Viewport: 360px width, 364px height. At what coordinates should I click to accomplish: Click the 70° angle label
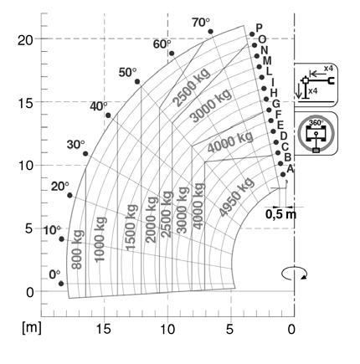click(x=201, y=23)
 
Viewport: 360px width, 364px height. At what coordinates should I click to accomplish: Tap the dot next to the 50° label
click(x=137, y=81)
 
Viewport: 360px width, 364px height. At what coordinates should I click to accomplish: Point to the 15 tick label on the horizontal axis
click(x=104, y=330)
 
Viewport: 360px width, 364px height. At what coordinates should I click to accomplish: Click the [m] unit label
click(x=32, y=327)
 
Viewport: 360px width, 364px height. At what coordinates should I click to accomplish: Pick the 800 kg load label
click(x=77, y=249)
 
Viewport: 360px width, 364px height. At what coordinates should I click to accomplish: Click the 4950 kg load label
click(x=237, y=197)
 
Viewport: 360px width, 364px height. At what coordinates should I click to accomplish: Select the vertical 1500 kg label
click(x=131, y=228)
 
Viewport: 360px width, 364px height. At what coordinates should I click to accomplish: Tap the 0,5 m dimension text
click(x=280, y=214)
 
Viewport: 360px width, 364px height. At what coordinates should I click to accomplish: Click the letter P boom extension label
click(x=260, y=28)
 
